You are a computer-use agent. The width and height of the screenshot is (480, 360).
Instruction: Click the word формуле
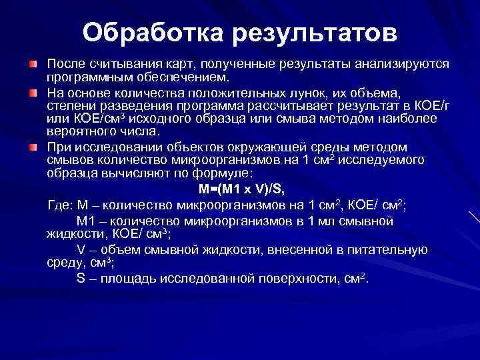pos(225,174)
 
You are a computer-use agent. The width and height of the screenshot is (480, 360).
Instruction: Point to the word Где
pos(59,204)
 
